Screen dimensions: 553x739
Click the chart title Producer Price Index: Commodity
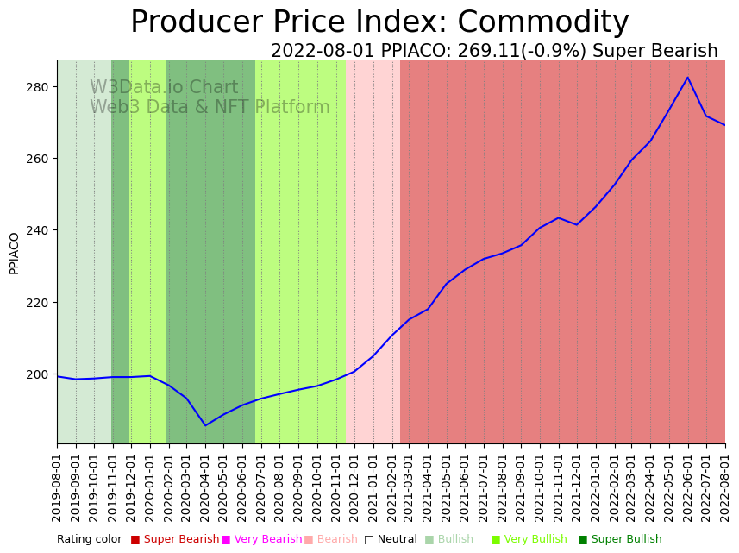pyautogui.click(x=379, y=22)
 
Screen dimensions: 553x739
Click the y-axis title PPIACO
pyautogui.click(x=14, y=253)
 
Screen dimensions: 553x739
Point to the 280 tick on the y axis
pyautogui.click(x=41, y=87)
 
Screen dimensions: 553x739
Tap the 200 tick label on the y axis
pyautogui.click(x=41, y=374)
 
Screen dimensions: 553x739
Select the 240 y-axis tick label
pyautogui.click(x=41, y=230)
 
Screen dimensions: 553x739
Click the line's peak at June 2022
pyautogui.click(x=688, y=78)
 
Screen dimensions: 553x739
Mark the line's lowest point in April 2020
pyautogui.click(x=205, y=425)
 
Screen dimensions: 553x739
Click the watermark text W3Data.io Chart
pyautogui.click(x=164, y=87)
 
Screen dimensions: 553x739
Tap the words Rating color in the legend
pyautogui.click(x=90, y=539)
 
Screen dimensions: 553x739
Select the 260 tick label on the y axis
pyautogui.click(x=41, y=159)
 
